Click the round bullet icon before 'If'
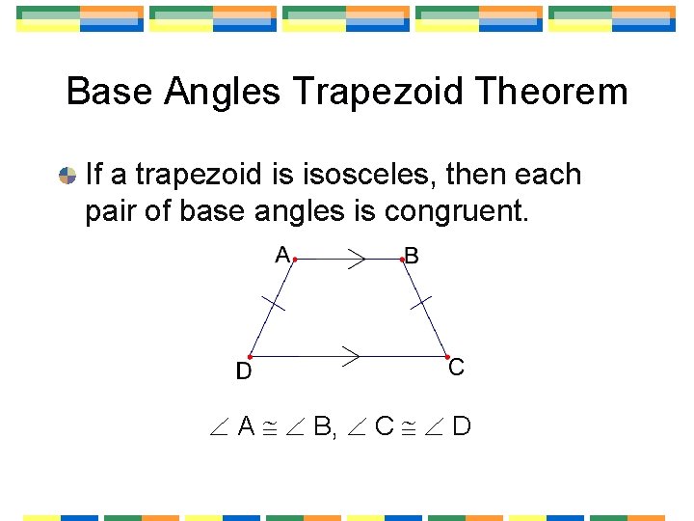[67, 176]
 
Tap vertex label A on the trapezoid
[282, 255]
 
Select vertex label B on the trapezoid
[413, 256]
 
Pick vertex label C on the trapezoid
[457, 368]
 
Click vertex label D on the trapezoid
[244, 370]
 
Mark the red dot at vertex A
[294, 259]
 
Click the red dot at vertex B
[402, 259]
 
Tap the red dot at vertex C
[447, 356]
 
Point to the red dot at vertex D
[250, 357]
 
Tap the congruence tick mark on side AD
[274, 304]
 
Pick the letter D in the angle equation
[461, 425]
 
